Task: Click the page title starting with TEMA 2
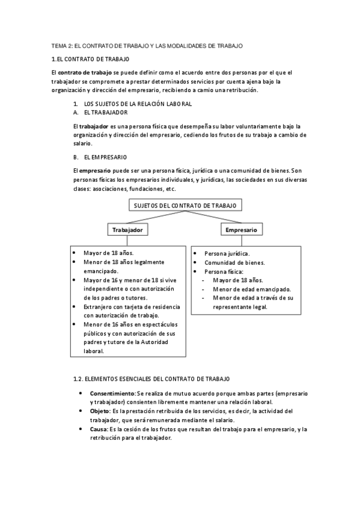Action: tap(147, 46)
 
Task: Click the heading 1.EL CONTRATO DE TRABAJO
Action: tap(90, 59)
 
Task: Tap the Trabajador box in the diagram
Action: tap(127, 230)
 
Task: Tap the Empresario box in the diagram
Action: tap(241, 230)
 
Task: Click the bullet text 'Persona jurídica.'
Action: tap(227, 254)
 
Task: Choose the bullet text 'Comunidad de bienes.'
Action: tap(234, 263)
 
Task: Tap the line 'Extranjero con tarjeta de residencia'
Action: tap(131, 307)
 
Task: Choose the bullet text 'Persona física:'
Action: tap(225, 271)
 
